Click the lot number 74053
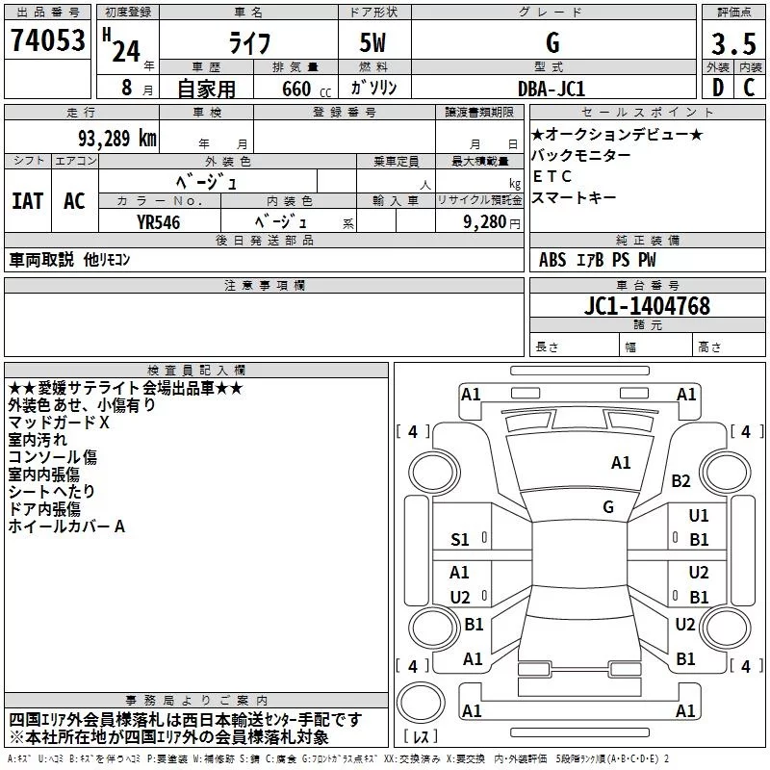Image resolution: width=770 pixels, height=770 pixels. click(47, 42)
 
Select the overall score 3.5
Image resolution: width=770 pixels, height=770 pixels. click(732, 44)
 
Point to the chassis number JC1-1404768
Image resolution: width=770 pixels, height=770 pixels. click(648, 306)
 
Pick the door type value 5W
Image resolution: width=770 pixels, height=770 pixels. click(375, 44)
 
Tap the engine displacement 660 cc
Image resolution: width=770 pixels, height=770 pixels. click(297, 89)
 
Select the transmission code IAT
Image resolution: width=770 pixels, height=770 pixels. click(27, 201)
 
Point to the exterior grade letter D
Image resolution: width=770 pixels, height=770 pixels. click(717, 88)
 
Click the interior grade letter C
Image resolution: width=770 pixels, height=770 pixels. click(749, 88)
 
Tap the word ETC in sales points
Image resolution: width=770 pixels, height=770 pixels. click(552, 176)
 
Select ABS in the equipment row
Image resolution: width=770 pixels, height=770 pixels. click(552, 260)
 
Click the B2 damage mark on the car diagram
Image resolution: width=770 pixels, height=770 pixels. click(681, 480)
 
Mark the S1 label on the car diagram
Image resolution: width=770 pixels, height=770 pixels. click(460, 540)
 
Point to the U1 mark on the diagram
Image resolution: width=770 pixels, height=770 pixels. click(699, 516)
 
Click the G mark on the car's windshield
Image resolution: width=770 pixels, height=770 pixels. click(608, 506)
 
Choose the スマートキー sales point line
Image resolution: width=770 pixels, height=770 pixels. click(574, 197)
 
